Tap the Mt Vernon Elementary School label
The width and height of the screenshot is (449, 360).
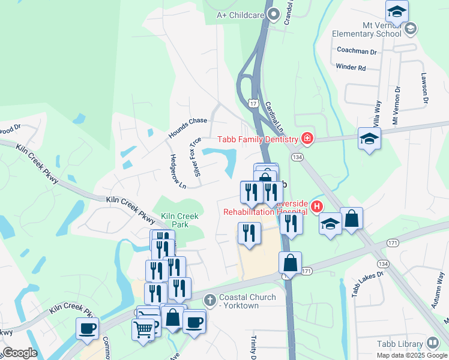pos(367,29)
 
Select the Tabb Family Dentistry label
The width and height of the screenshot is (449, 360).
pos(258,139)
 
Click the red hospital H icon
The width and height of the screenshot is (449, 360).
pos(316,208)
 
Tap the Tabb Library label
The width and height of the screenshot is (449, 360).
pos(400,344)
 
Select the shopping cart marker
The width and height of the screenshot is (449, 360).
pos(143,329)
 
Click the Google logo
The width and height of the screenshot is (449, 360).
pos(20,353)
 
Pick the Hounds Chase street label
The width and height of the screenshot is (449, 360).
pos(187,128)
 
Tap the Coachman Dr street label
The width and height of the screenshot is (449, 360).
pos(357,52)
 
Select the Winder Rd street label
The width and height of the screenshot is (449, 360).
pos(351,68)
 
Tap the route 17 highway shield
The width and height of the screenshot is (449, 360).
pos(254,104)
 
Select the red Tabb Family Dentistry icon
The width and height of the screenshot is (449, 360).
pos(307,139)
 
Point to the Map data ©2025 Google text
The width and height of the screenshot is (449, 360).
pos(411,355)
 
